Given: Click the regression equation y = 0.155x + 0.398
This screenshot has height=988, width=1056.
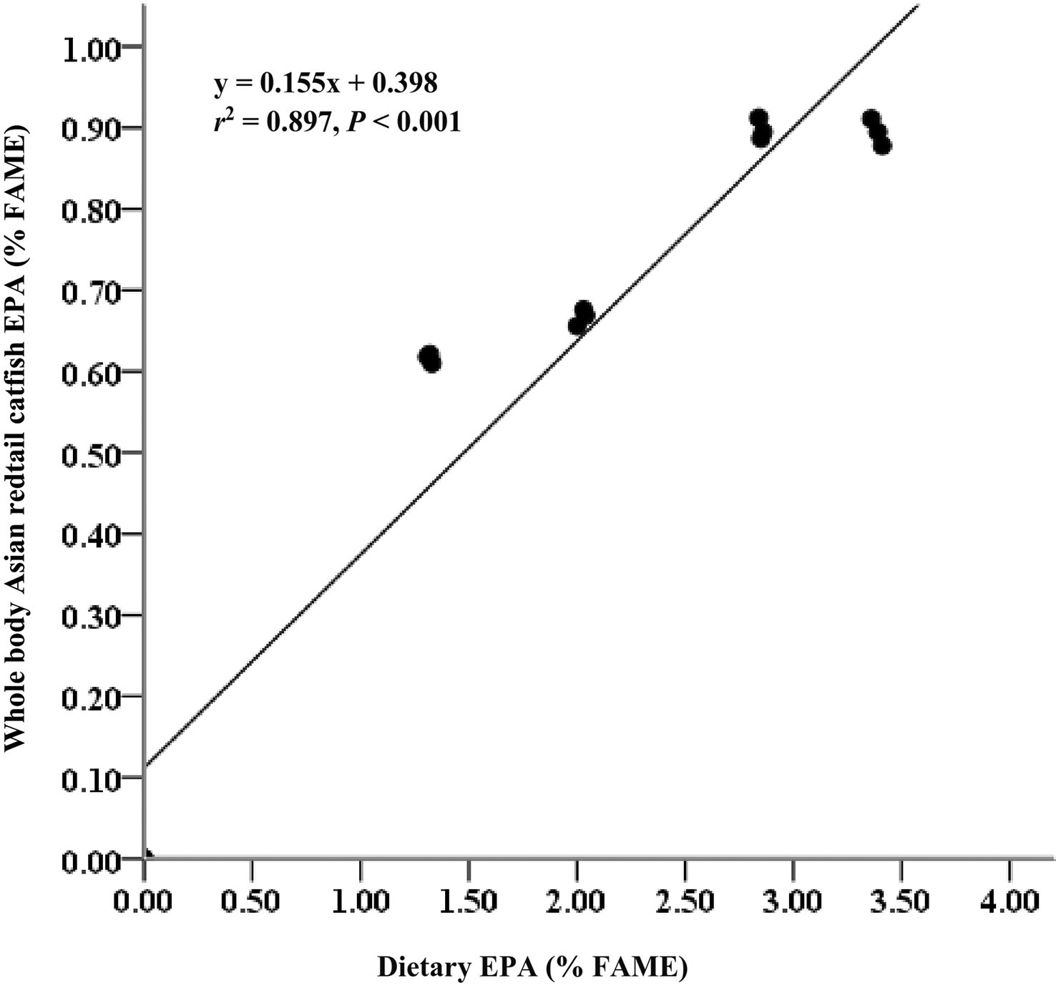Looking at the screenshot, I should [x=326, y=84].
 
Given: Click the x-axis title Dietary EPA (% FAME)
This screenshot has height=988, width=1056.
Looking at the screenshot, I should [x=532, y=967].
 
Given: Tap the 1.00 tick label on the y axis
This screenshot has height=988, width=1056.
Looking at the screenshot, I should [x=92, y=49].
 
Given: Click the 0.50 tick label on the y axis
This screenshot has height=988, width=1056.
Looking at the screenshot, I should [x=92, y=454].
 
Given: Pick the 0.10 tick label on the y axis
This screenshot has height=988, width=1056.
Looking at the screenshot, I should [x=92, y=779].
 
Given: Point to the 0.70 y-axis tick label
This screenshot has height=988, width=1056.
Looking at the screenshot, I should [x=92, y=293].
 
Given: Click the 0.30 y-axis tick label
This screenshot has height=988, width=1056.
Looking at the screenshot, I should [x=92, y=617].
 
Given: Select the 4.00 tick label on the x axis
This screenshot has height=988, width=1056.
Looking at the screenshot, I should [x=1009, y=900].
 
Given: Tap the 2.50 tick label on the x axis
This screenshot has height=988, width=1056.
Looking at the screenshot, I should [x=685, y=900].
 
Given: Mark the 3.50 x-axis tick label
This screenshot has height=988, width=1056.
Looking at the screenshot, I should [x=901, y=900].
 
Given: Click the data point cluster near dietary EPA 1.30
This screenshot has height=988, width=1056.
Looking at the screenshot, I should [x=429, y=358].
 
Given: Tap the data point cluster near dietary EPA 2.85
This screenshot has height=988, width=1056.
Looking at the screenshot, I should [x=761, y=128].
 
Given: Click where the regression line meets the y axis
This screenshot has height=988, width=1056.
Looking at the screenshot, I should [x=145, y=766].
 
